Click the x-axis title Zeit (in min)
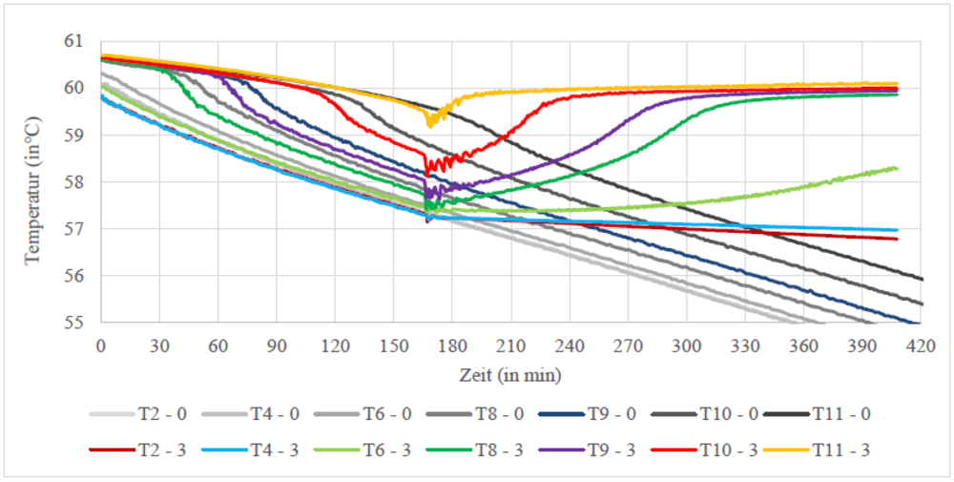(x=510, y=372)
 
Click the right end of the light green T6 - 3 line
(x=897, y=168)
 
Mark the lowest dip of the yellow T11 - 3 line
(x=429, y=124)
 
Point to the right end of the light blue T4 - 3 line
(x=897, y=230)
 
